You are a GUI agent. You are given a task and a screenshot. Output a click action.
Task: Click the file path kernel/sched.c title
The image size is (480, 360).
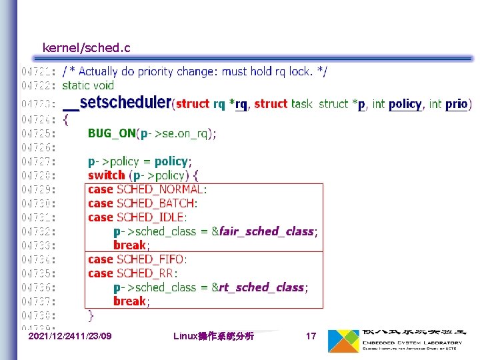click(86, 47)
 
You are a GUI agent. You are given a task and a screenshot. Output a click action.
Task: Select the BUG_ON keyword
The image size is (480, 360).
click(111, 133)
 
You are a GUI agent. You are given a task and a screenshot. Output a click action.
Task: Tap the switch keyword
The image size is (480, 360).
click(106, 175)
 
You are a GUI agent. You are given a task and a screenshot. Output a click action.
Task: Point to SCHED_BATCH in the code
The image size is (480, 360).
click(157, 203)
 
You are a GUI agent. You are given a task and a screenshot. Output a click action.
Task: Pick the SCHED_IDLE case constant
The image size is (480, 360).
click(151, 217)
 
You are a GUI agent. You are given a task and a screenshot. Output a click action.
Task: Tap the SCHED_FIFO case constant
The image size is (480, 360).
click(151, 259)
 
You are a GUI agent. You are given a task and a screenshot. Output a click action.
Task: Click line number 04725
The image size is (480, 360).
click(38, 133)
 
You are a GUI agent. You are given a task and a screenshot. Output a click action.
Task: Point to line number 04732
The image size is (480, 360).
click(38, 231)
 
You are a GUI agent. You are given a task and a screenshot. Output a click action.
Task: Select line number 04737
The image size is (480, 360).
click(38, 301)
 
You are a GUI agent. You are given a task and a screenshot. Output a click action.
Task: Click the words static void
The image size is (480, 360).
click(88, 85)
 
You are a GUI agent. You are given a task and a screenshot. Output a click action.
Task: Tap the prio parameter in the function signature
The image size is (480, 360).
click(456, 104)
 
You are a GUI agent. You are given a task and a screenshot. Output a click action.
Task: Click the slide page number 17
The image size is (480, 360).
click(311, 337)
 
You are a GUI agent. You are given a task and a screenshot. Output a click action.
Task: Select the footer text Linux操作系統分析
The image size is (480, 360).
click(213, 337)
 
